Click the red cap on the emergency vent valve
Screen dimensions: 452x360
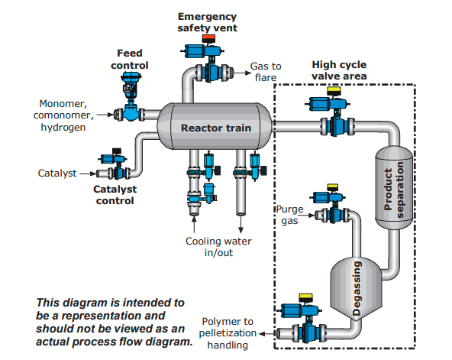(208, 38)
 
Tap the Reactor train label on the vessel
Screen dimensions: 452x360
(216, 128)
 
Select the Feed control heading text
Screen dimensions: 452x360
(130, 59)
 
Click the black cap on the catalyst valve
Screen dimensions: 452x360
(117, 151)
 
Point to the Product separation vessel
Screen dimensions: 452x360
(394, 188)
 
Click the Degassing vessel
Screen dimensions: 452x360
(357, 288)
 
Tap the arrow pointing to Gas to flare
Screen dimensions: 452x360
(243, 73)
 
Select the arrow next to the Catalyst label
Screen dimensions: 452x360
(88, 174)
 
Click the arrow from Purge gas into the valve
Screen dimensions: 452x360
(306, 216)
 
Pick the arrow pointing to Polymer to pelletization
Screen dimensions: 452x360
(267, 334)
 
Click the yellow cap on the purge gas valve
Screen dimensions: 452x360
(333, 187)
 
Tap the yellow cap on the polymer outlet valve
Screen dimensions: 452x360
(306, 297)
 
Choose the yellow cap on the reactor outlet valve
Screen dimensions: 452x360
(334, 91)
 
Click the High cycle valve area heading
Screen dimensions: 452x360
(339, 70)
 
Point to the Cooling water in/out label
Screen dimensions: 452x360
(218, 247)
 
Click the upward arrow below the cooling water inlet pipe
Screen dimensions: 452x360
(194, 224)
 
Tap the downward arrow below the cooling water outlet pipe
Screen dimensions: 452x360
(241, 225)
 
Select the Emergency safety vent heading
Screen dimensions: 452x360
(207, 22)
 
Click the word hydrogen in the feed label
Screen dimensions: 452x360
(63, 127)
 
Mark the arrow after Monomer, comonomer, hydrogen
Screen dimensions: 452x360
(105, 115)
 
